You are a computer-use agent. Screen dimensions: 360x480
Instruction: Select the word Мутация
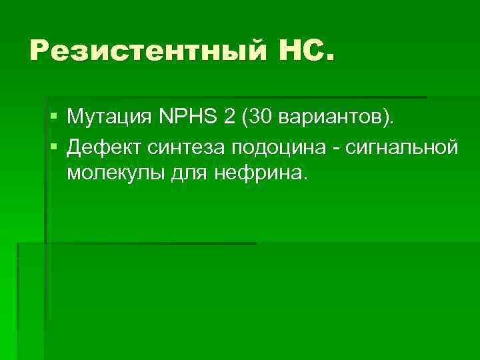tap(109, 119)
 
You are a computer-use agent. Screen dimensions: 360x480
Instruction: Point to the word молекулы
tap(108, 174)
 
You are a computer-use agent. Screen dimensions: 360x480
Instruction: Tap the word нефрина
tap(256, 174)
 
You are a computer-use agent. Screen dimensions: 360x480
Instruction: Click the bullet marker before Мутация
tap(53, 119)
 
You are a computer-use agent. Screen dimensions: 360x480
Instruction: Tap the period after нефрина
tap(307, 179)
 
